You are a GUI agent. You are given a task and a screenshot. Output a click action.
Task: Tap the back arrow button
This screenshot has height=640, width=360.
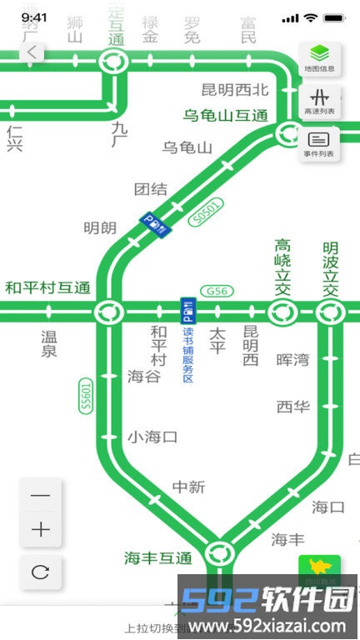32,52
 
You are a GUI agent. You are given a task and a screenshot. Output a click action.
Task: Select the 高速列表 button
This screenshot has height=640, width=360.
319,101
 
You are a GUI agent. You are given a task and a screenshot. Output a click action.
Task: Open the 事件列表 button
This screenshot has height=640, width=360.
319,144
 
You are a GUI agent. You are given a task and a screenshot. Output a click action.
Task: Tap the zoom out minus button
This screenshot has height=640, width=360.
41,496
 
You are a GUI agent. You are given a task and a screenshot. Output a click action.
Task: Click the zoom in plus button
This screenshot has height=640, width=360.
41,530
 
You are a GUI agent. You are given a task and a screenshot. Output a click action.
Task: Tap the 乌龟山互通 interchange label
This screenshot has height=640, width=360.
226,115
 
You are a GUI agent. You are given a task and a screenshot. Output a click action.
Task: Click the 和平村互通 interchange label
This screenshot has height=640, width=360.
47,288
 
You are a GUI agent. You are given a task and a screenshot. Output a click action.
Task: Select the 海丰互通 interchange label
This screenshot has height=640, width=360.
158,557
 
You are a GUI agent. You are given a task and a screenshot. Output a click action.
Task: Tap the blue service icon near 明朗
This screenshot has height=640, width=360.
154,223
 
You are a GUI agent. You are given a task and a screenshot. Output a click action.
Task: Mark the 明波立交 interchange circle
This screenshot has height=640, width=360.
331,313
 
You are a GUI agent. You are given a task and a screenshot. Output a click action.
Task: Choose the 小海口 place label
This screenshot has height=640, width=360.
152,437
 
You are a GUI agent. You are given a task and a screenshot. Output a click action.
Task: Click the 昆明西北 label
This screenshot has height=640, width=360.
236,89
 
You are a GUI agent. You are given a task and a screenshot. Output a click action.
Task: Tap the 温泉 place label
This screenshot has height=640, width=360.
49,343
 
